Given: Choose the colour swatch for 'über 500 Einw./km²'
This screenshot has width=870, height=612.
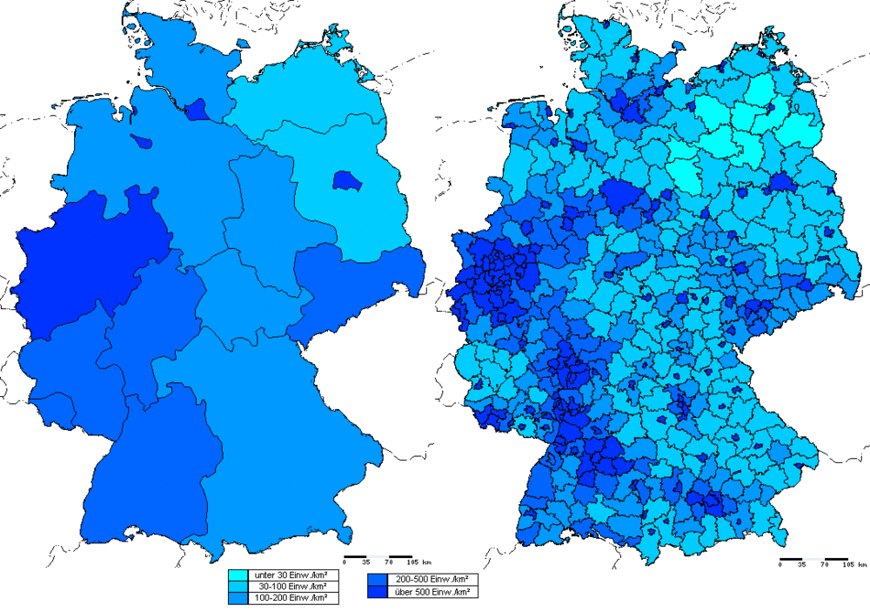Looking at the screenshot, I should click(x=377, y=591).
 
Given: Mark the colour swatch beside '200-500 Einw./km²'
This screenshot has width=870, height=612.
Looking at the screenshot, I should click(x=377, y=579).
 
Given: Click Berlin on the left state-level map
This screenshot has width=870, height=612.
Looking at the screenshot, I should click(x=346, y=181).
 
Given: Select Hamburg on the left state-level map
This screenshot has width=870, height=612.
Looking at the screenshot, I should click(x=197, y=110).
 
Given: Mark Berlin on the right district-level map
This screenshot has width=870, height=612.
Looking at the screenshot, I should click(x=781, y=181).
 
